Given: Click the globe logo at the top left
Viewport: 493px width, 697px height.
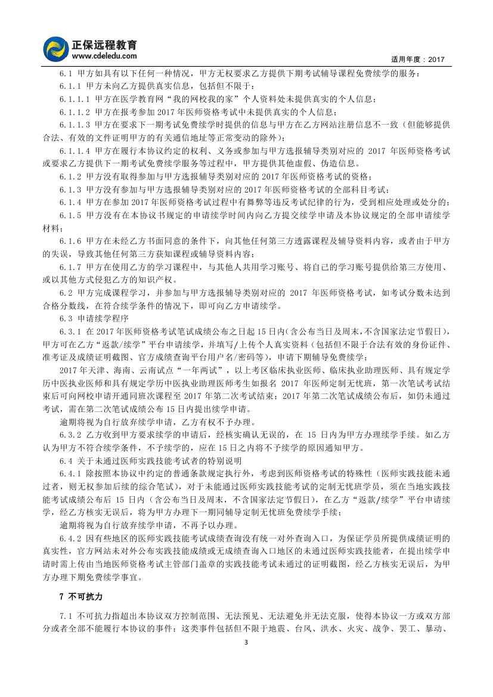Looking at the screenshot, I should (57, 48).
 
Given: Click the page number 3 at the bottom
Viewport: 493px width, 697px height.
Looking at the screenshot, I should (246, 674).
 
